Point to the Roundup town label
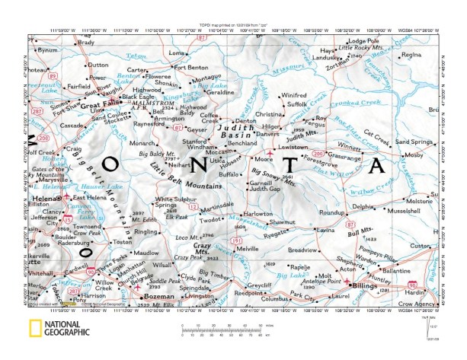[334, 211]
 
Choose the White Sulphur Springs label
[172, 202]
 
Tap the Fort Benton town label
[191, 66]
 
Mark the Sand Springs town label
[433, 142]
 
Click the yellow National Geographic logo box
[35, 328]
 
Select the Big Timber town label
[213, 272]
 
